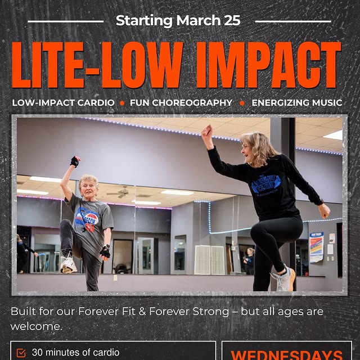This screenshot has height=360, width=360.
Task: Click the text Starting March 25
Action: tap(178, 21)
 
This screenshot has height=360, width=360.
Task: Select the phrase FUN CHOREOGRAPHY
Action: tap(181, 103)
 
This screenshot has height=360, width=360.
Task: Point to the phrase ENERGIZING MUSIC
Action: tap(296, 103)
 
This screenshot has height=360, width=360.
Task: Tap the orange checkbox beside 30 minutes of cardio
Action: tap(21, 353)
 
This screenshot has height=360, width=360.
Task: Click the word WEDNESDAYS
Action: tap(286, 355)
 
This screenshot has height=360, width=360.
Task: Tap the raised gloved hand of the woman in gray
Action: tap(75, 162)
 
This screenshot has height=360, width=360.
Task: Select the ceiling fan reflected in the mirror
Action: tap(120, 192)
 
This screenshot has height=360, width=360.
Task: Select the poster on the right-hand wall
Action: tap(316, 247)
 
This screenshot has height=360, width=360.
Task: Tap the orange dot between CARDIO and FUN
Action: tap(121, 103)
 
